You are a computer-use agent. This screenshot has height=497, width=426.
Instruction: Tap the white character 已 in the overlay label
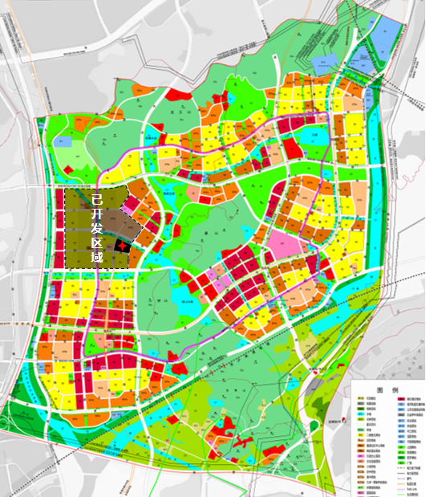coord(96,198)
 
